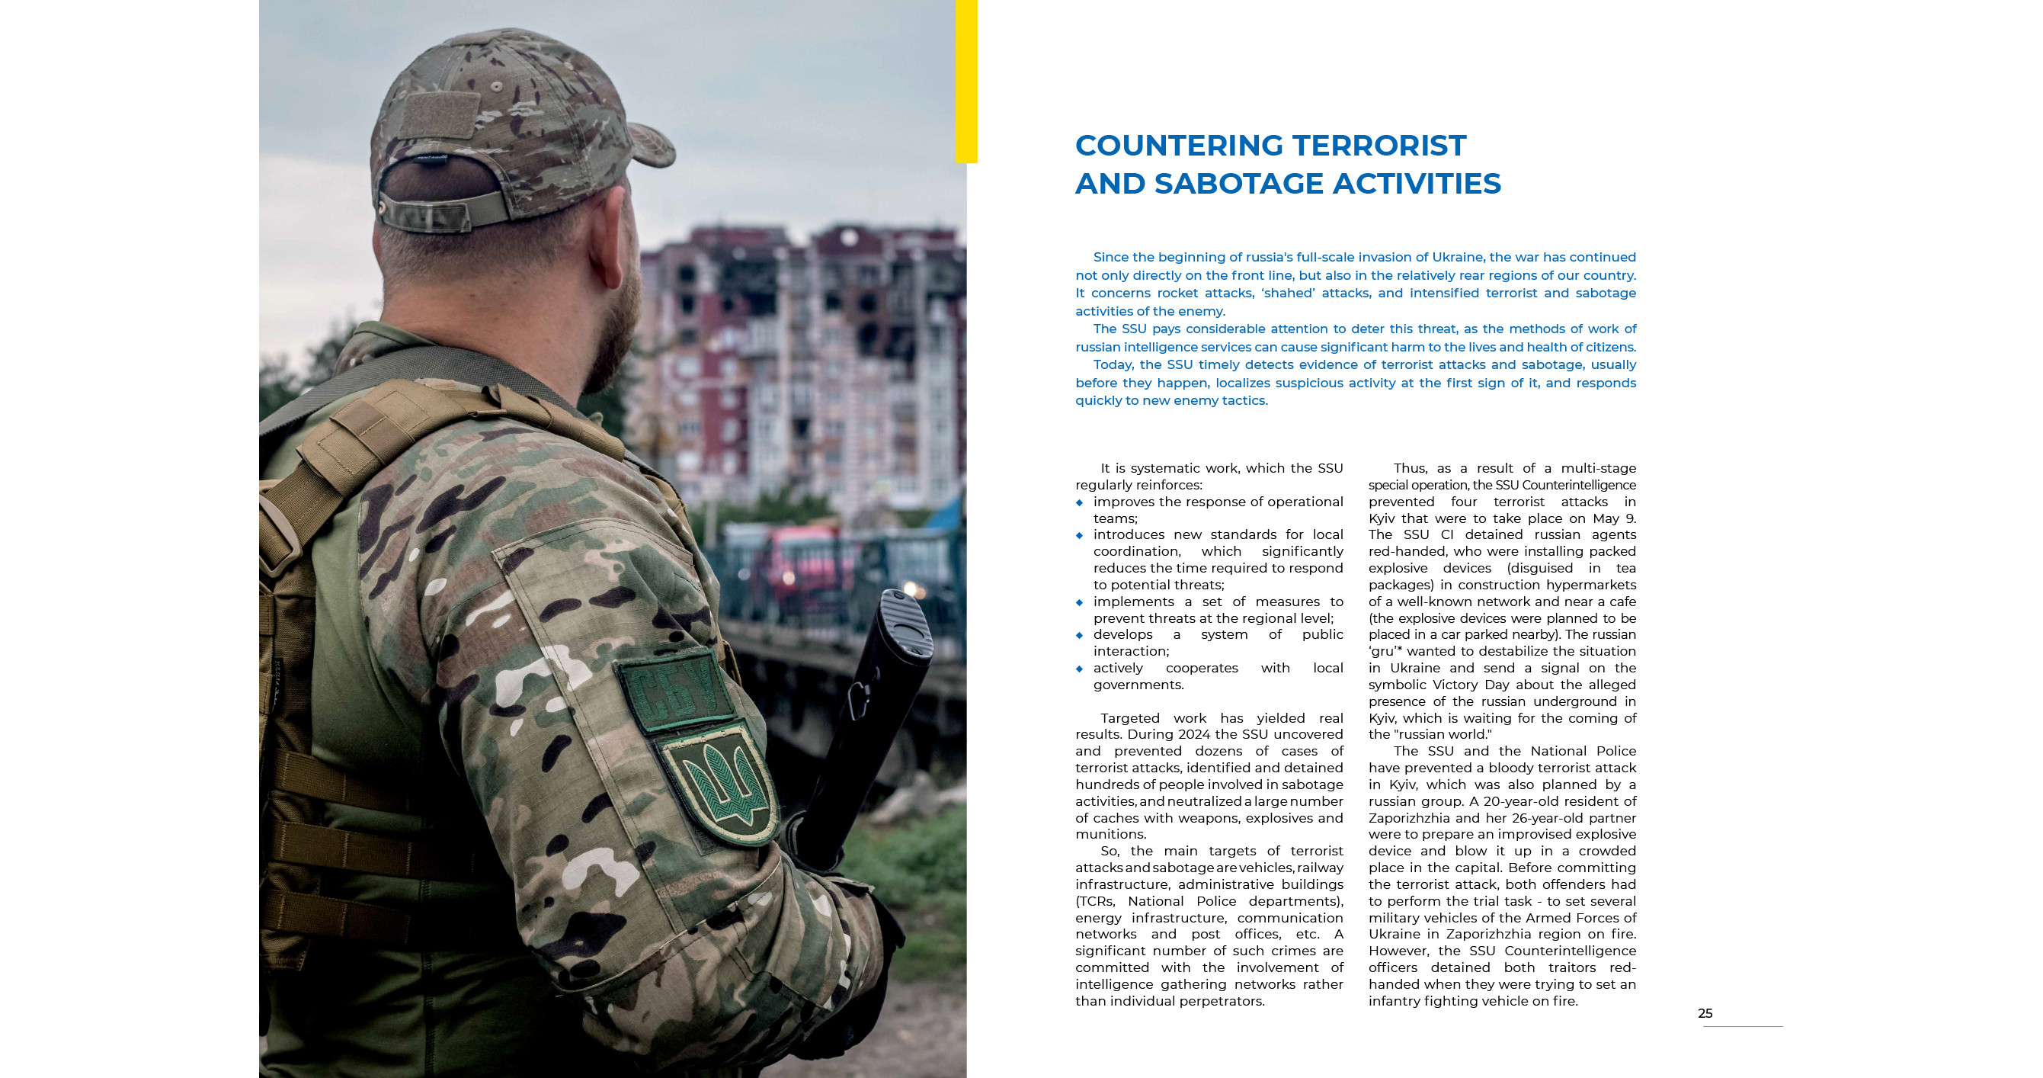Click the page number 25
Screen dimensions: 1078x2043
click(x=1705, y=1013)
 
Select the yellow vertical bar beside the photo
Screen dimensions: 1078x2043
click(x=966, y=79)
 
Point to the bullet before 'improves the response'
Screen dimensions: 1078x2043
click(x=1079, y=502)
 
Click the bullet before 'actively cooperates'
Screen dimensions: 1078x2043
click(x=1079, y=669)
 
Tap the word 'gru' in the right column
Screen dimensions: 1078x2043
click(x=1382, y=651)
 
